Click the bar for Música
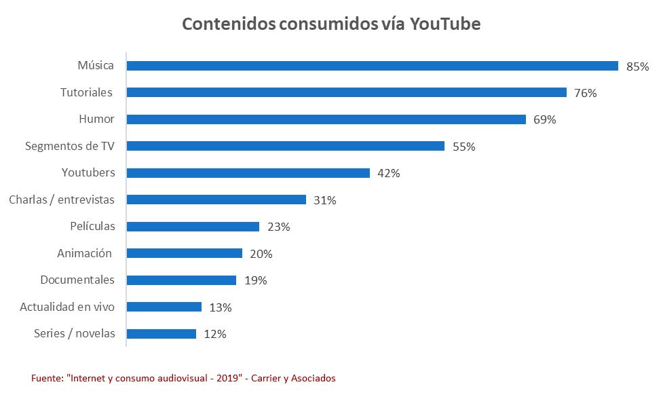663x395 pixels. tap(372, 66)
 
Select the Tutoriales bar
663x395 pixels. tap(346, 92)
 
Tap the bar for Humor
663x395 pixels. tap(326, 119)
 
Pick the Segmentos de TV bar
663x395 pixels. tap(285, 146)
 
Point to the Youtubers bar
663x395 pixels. tap(248, 173)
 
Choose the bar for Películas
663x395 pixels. tap(193, 227)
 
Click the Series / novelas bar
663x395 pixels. tap(161, 334)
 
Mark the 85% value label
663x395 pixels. tap(638, 67)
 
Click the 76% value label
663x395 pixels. tap(585, 93)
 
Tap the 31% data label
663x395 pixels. tap(325, 200)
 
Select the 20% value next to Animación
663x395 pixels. tap(261, 254)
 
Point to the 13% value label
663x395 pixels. tap(221, 307)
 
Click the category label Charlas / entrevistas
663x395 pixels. tap(62, 200)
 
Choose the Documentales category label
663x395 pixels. tap(77, 280)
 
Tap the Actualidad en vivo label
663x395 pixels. tap(67, 307)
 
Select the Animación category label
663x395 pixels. tap(84, 253)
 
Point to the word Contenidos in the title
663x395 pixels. tap(228, 24)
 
